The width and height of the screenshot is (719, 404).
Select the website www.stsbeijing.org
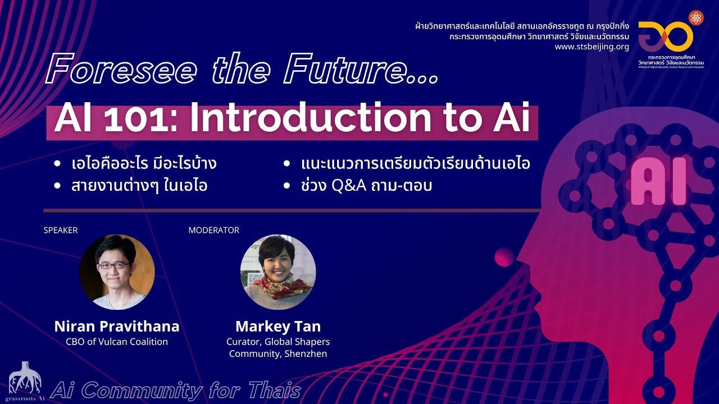tap(591, 47)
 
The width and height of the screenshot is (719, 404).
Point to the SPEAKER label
tap(61, 230)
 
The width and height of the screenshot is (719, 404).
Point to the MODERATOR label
tap(214, 230)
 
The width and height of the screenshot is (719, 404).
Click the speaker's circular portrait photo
tap(117, 272)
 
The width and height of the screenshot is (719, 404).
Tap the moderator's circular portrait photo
tap(278, 272)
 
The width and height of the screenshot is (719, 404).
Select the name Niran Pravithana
tap(117, 326)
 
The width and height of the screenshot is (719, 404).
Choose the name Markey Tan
tap(278, 326)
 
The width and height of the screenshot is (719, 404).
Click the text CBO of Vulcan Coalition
tap(117, 341)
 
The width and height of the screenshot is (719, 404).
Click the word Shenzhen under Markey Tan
tap(306, 353)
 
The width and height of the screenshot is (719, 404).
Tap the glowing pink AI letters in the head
tap(658, 181)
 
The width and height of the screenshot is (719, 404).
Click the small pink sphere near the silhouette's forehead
tap(504, 257)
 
